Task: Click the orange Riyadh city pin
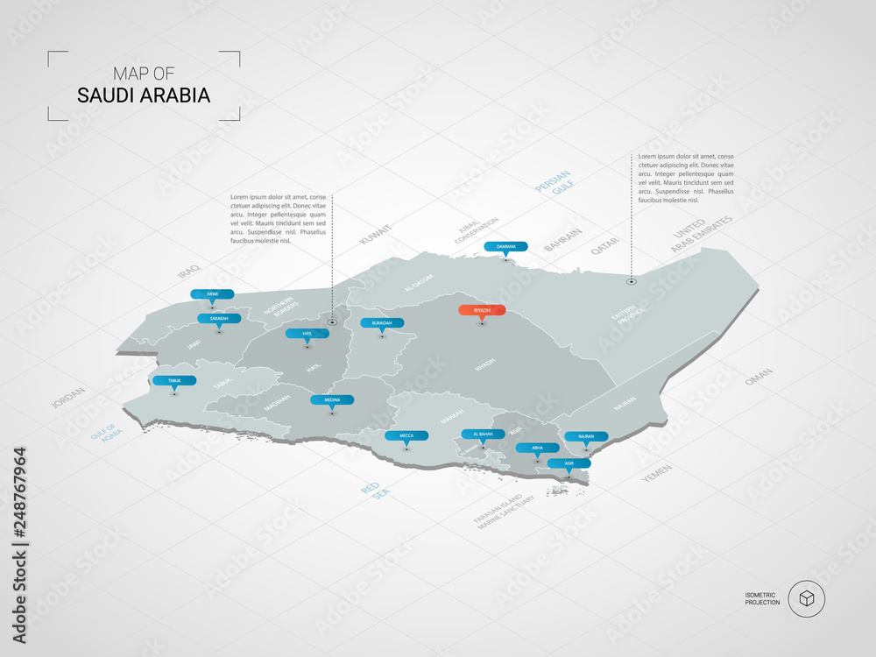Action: pyautogui.click(x=482, y=310)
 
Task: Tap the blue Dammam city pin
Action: pyautogui.click(x=505, y=247)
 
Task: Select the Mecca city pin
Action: pyautogui.click(x=406, y=435)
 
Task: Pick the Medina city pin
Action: pyautogui.click(x=332, y=399)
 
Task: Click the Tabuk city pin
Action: pyautogui.click(x=174, y=381)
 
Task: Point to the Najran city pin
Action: pyautogui.click(x=586, y=436)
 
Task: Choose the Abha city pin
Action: pyautogui.click(x=537, y=448)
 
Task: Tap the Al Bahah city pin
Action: pyautogui.click(x=483, y=434)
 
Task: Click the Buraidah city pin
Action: pyautogui.click(x=382, y=322)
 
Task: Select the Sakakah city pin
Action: pyautogui.click(x=219, y=319)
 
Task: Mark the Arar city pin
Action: pyautogui.click(x=212, y=294)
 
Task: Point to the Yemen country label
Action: pyautogui.click(x=656, y=474)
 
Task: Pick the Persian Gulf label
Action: pyautogui.click(x=554, y=185)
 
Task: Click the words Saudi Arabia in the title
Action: pyautogui.click(x=144, y=95)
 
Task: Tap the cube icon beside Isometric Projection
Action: pyautogui.click(x=806, y=599)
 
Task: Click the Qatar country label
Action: pyautogui.click(x=604, y=246)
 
